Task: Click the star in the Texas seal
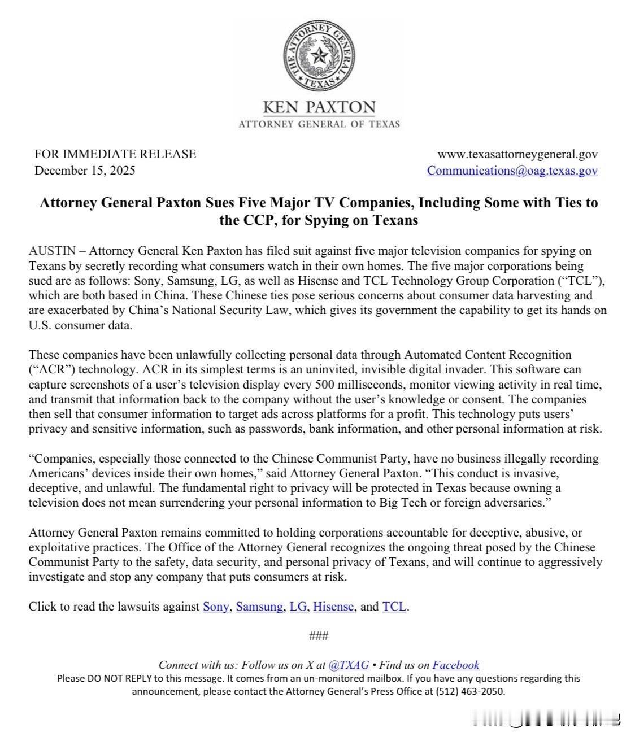tap(319, 56)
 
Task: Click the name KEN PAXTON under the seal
tap(319, 107)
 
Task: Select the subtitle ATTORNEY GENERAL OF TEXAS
tap(319, 124)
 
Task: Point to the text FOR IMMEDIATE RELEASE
tap(115, 154)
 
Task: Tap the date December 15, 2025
tap(85, 170)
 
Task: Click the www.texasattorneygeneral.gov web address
tap(517, 154)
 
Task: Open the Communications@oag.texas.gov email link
tap(512, 170)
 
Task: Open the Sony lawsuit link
tap(216, 607)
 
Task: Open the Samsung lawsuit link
tap(259, 607)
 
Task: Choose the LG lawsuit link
tap(298, 607)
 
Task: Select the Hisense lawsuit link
tap(333, 607)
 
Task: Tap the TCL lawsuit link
tap(394, 607)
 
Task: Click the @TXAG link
tap(349, 665)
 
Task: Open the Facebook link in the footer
tap(455, 665)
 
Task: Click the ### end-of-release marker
tap(319, 636)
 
